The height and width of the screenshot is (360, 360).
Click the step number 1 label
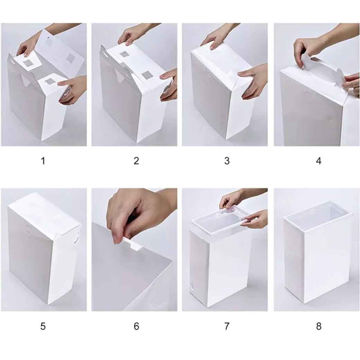pyautogui.click(x=43, y=161)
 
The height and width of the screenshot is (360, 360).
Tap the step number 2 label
pyautogui.click(x=136, y=161)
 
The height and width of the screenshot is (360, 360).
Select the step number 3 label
pyautogui.click(x=227, y=161)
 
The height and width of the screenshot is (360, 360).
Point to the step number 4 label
pyautogui.click(x=318, y=161)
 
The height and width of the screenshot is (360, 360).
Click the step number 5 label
pyautogui.click(x=43, y=326)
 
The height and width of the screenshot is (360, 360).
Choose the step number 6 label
pyautogui.click(x=136, y=326)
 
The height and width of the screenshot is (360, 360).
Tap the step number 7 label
pyautogui.click(x=227, y=326)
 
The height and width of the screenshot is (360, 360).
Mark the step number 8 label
pyautogui.click(x=318, y=326)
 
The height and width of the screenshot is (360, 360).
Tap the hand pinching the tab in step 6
pyautogui.click(x=137, y=214)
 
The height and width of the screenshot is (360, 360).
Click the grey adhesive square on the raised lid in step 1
pyautogui.click(x=71, y=58)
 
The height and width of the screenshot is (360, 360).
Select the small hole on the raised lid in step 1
pyautogui.click(x=48, y=37)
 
